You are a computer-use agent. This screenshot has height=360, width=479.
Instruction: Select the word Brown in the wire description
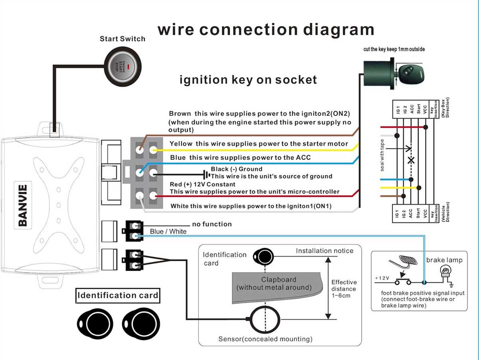(x=180, y=114)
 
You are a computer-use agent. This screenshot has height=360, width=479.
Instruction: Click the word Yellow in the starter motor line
(x=181, y=143)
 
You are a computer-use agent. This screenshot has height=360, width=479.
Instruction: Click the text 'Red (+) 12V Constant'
(x=203, y=184)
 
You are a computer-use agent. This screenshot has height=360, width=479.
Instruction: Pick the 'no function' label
(x=212, y=224)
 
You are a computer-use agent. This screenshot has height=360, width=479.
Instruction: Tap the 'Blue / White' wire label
(x=168, y=232)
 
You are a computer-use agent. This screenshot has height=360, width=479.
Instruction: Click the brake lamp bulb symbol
(x=445, y=273)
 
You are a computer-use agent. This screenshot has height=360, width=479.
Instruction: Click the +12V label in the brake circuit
(x=382, y=278)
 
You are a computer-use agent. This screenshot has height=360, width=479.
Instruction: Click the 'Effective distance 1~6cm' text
(x=344, y=288)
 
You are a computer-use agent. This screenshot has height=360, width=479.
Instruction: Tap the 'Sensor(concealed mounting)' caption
(x=265, y=339)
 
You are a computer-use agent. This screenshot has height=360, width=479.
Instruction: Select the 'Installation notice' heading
(x=324, y=251)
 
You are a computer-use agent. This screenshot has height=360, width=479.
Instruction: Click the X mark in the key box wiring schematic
(x=411, y=160)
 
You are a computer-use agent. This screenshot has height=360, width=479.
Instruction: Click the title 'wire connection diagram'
(x=266, y=30)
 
